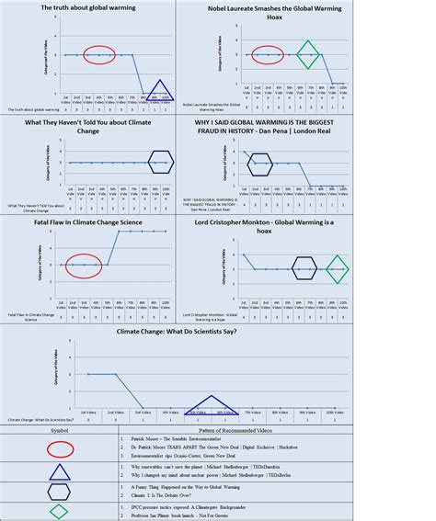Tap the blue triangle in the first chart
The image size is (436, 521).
[160, 91]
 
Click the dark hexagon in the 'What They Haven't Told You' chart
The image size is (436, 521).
[160, 162]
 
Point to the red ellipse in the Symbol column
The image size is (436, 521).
[61, 448]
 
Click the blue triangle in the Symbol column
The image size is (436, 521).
[61, 472]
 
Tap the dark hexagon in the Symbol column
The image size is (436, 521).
[61, 493]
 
